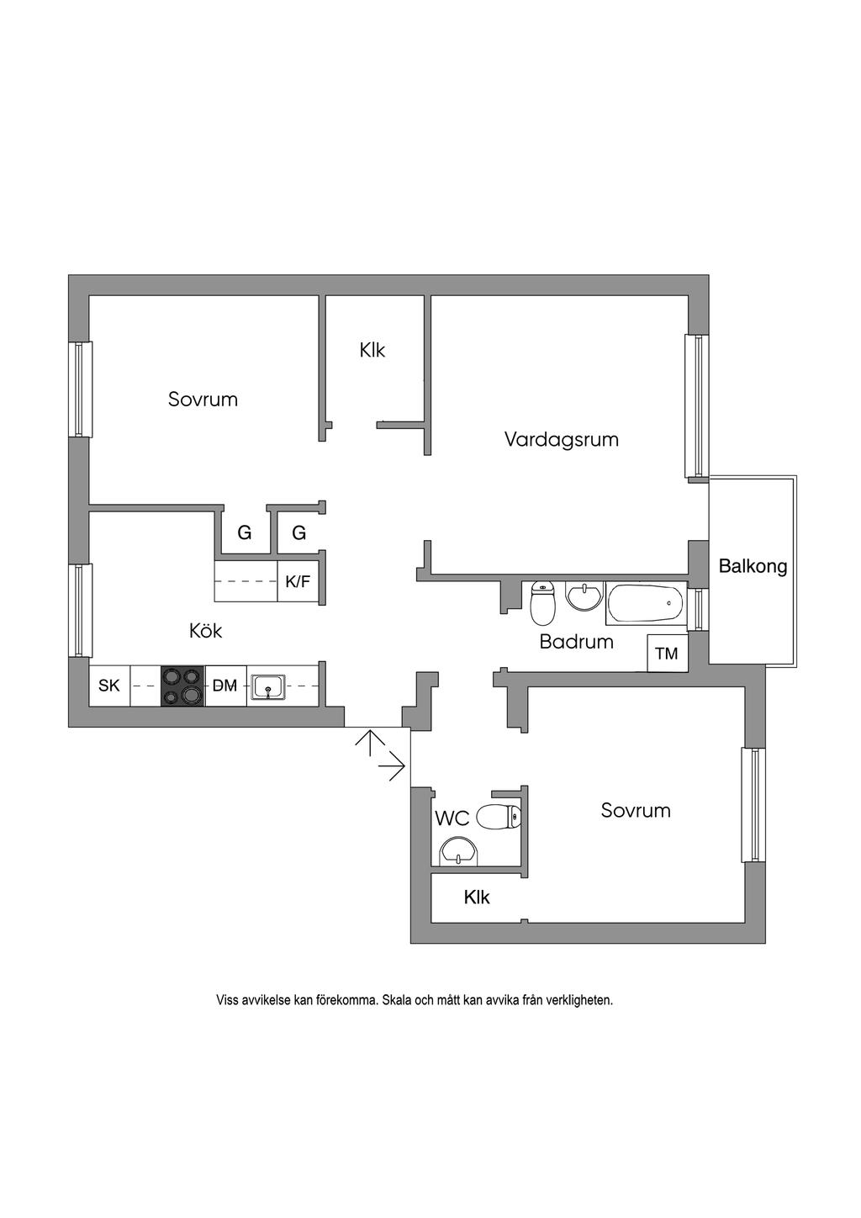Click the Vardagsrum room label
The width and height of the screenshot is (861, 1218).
click(561, 439)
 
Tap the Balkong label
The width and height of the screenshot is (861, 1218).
click(753, 566)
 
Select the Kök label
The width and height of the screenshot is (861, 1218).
click(206, 630)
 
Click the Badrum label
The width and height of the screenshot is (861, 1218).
click(576, 642)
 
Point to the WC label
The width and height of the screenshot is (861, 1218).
click(452, 818)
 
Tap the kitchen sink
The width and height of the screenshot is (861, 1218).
click(268, 686)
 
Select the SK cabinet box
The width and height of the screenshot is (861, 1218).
click(109, 686)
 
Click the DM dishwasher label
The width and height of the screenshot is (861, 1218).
click(224, 686)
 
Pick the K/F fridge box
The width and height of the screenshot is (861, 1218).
click(298, 581)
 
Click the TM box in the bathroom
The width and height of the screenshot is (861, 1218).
click(666, 654)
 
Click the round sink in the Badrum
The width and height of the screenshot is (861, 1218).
click(584, 596)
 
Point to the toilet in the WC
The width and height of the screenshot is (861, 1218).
click(499, 816)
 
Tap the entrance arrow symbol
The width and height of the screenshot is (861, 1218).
click(380, 755)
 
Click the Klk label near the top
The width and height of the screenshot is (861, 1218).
click(372, 350)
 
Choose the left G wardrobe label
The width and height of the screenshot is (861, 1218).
click(244, 532)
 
